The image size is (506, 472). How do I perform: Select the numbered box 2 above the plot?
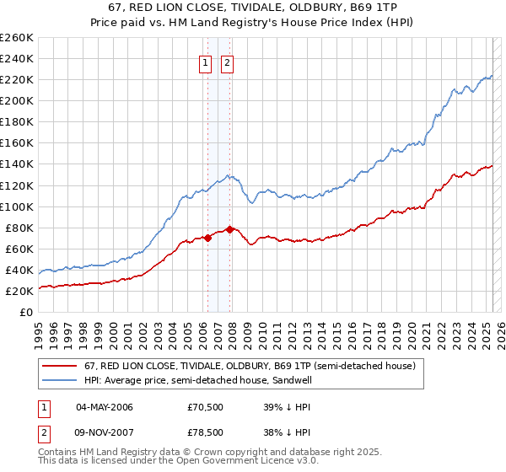coord(228,62)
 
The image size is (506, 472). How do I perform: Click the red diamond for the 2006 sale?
coord(207,238)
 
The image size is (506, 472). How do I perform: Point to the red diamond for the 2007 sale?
coord(230,229)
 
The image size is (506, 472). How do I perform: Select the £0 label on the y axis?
coord(26,312)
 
